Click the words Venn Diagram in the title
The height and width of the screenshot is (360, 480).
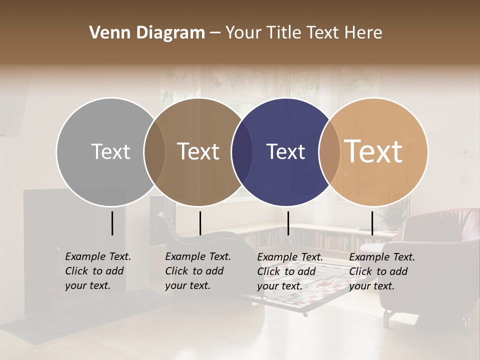(147, 33)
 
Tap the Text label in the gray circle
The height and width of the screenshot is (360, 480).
(110, 151)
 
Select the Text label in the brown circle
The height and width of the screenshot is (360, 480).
(198, 151)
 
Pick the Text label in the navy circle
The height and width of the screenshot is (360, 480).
(285, 151)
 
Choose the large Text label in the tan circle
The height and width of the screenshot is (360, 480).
(373, 151)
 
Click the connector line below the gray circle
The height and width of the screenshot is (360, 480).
(112, 223)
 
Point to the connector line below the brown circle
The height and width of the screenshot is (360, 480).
(200, 223)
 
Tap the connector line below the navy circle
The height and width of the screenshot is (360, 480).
(288, 223)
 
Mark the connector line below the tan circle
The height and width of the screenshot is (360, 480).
(372, 223)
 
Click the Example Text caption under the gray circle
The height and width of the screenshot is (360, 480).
(98, 271)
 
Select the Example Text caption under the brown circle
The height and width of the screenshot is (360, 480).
(198, 271)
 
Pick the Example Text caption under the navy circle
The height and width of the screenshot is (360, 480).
(290, 271)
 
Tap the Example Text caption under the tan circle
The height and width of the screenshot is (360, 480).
(382, 271)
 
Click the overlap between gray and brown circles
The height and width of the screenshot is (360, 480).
(154, 151)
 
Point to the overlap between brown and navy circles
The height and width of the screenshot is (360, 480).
(242, 151)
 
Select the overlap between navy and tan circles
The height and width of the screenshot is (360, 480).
(329, 151)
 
